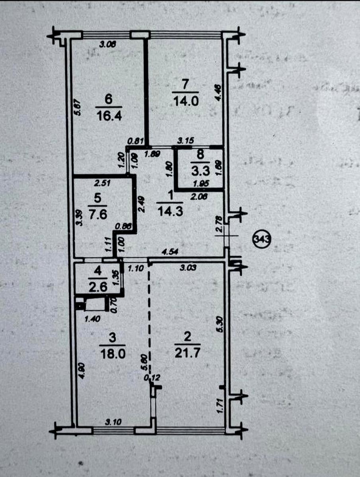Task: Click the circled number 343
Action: tap(262, 240)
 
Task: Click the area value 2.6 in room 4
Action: tap(98, 287)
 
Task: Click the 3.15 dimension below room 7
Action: tap(185, 140)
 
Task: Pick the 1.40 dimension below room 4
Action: tap(92, 318)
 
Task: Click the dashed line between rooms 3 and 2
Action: tap(149, 318)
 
